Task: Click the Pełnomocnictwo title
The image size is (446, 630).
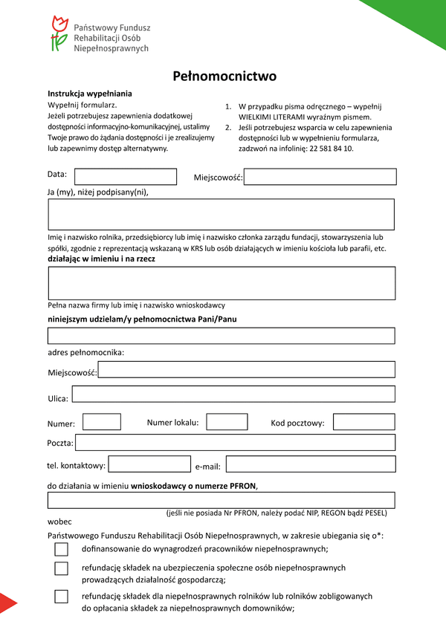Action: (x=224, y=76)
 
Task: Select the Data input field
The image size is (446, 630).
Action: (x=126, y=177)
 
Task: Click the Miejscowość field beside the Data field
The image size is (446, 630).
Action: (x=320, y=177)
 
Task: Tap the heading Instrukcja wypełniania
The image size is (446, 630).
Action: (x=90, y=94)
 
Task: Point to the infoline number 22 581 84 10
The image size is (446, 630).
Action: (x=328, y=149)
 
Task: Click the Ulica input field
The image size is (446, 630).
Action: (x=233, y=394)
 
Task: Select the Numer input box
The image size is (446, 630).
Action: (x=102, y=422)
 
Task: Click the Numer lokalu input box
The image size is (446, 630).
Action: (x=227, y=422)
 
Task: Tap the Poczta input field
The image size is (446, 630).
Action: (x=235, y=443)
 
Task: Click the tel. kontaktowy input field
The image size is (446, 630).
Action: (x=149, y=464)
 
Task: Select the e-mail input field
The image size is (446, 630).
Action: (x=310, y=464)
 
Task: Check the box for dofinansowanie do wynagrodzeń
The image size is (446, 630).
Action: (x=61, y=550)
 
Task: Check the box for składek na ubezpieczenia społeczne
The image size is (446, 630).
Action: (x=61, y=568)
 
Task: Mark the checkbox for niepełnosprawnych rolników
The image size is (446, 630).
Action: (x=61, y=597)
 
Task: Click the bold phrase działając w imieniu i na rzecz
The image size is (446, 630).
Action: (x=96, y=259)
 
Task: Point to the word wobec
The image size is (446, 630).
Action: (x=59, y=522)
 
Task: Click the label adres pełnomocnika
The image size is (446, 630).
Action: (x=85, y=351)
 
